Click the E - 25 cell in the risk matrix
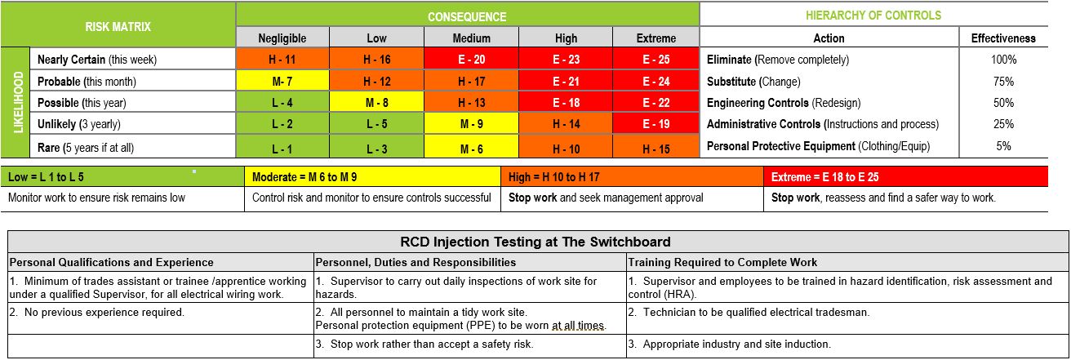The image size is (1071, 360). [655, 60]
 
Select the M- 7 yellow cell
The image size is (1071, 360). [282, 82]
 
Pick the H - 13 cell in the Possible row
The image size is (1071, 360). [471, 103]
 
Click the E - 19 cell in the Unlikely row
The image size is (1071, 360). [655, 125]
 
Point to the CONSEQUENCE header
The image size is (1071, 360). [467, 16]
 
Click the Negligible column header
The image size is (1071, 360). [282, 38]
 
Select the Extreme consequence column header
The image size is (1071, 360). [655, 38]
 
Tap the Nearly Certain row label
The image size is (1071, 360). [96, 60]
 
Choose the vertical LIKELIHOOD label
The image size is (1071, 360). [17, 103]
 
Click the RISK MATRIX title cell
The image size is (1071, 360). [118, 26]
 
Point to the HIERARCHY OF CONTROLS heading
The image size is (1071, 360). [873, 16]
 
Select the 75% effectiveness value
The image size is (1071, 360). [1003, 82]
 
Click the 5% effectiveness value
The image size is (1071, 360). [1003, 147]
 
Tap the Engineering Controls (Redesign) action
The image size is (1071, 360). [783, 103]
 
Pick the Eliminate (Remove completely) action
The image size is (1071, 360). [777, 60]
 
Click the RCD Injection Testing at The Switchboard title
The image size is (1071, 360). [535, 242]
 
